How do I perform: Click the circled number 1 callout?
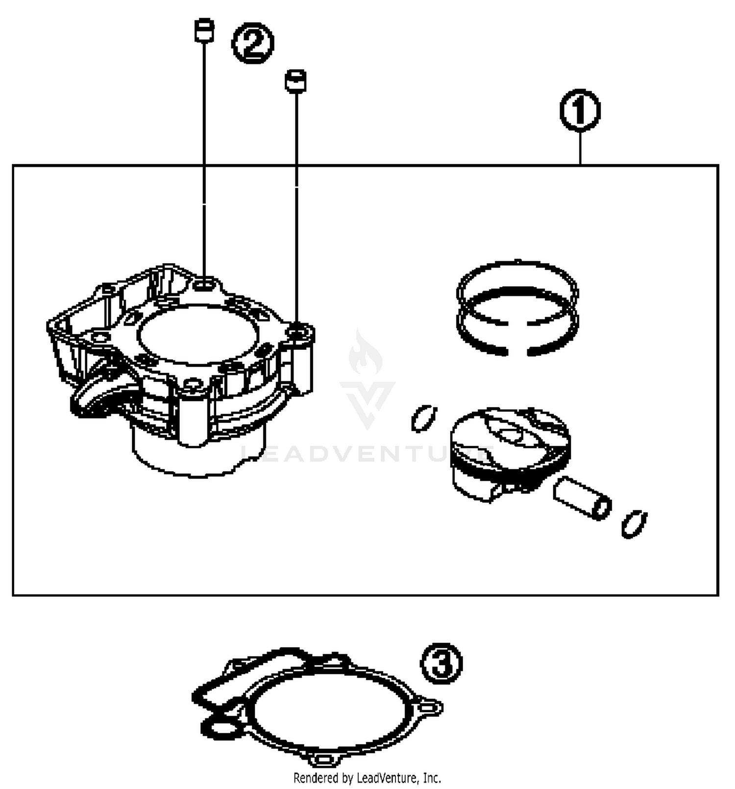point(580,111)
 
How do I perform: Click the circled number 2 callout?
point(252,44)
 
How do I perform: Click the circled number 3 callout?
point(441,664)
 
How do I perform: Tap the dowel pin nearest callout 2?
point(204,31)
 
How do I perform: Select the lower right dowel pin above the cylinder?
point(295,80)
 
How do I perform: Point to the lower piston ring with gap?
point(517,338)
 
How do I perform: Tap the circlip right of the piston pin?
point(634,524)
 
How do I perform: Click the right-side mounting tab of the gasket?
point(431,707)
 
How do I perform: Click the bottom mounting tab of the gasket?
point(323,760)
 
